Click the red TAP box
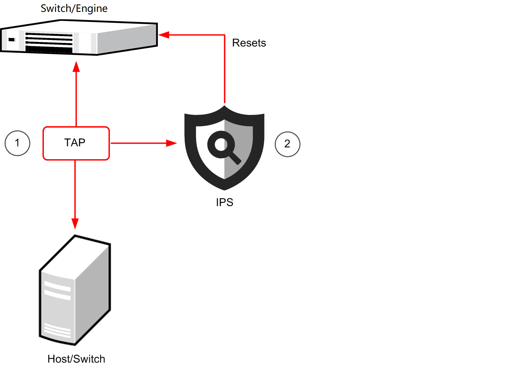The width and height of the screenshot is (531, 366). point(76,143)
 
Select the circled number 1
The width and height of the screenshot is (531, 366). point(18,143)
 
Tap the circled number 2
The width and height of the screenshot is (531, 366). point(287,144)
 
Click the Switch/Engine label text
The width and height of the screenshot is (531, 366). point(74,8)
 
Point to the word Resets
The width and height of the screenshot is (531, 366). point(249,43)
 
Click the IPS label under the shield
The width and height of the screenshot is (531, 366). point(225,202)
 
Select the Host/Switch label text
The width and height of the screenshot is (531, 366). point(76,359)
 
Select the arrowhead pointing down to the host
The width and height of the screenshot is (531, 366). point(75,223)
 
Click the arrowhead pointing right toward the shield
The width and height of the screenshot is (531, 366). point(171,143)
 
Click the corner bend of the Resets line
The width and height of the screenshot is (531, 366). point(225,35)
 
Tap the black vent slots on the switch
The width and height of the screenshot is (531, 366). point(49,42)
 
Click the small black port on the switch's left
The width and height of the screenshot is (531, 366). point(12,40)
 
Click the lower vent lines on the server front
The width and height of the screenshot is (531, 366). point(57,330)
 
